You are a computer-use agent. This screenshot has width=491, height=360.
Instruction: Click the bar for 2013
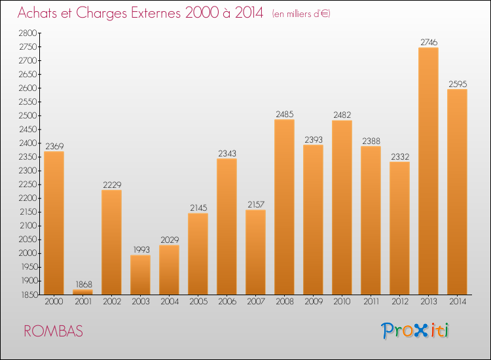click(428, 171)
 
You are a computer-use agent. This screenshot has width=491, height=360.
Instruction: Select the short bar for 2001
click(82, 292)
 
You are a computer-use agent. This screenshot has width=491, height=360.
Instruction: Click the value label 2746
click(428, 43)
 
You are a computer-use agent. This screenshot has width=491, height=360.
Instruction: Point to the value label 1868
click(82, 284)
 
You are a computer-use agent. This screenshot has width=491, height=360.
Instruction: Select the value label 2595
click(457, 84)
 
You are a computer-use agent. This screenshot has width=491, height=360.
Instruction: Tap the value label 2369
click(54, 146)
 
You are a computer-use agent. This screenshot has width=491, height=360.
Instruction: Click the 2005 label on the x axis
click(198, 302)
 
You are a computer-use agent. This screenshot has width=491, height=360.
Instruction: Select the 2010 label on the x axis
click(342, 302)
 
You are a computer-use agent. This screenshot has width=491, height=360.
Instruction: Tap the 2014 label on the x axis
click(457, 302)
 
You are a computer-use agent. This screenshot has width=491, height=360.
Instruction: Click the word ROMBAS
click(54, 331)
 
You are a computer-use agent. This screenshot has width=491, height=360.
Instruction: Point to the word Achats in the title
click(38, 13)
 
